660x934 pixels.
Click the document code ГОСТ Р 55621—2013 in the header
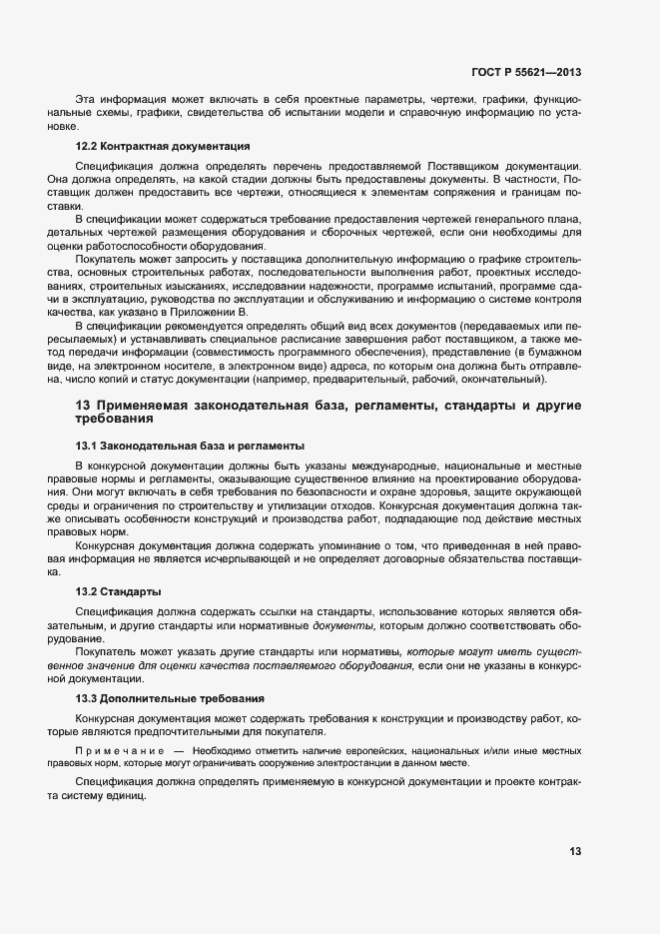pyautogui.click(x=525, y=72)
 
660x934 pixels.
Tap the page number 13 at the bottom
pyautogui.click(x=575, y=851)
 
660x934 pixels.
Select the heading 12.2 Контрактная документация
pyautogui.click(x=162, y=147)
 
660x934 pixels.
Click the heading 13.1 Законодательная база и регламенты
pyautogui.click(x=190, y=445)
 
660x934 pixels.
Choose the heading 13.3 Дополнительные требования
pyautogui.click(x=171, y=697)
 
